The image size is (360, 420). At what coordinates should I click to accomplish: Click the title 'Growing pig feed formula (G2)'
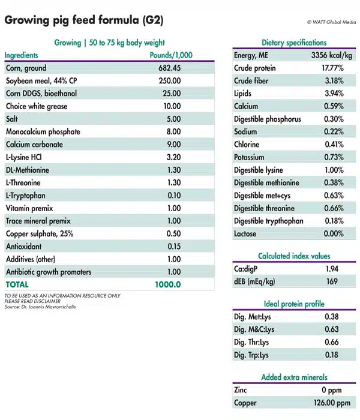coord(83,20)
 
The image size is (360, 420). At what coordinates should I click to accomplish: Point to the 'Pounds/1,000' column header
coord(171,55)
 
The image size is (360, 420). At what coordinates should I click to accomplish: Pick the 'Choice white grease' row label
coord(37,107)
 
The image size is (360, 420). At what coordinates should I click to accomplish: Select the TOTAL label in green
coord(17,284)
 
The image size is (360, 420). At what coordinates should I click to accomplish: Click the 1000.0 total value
coord(168,284)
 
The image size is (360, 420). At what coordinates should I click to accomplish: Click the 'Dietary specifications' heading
coord(294,43)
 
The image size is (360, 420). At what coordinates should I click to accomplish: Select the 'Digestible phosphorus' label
coord(268,119)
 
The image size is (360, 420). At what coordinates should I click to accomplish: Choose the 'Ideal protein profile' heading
coord(294,303)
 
